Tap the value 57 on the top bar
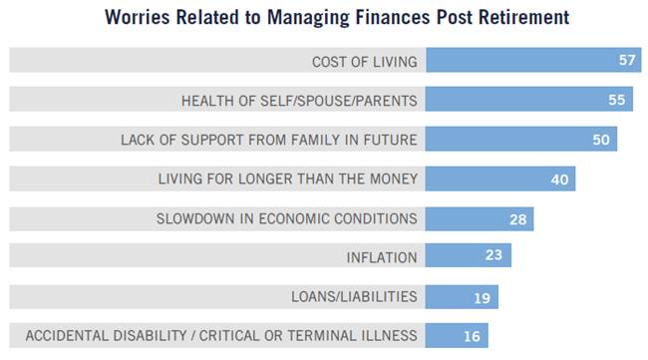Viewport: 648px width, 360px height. click(x=627, y=60)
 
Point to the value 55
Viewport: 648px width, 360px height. click(x=618, y=100)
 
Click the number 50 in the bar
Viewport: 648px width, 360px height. click(x=600, y=139)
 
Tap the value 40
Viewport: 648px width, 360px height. click(x=559, y=179)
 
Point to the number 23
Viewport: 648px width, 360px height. click(x=494, y=256)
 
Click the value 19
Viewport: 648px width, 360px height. click(x=482, y=296)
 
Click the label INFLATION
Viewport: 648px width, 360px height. click(x=382, y=257)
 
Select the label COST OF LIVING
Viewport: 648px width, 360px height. click(x=364, y=61)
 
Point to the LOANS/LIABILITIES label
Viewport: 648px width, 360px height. click(x=354, y=296)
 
